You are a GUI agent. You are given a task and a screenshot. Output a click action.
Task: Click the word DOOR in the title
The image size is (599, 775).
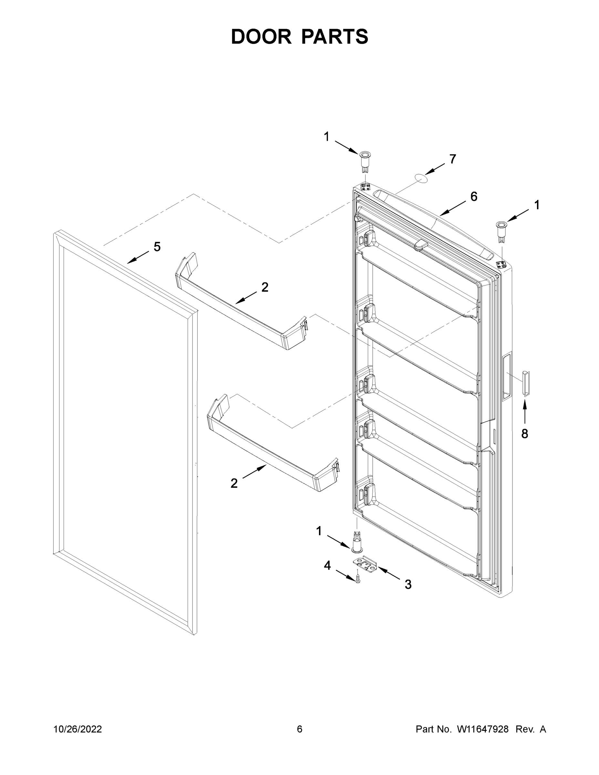pyautogui.click(x=261, y=36)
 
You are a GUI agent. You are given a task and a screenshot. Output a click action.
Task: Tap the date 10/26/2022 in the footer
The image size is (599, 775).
pyautogui.click(x=78, y=729)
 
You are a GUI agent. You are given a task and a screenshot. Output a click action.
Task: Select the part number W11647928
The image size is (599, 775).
pyautogui.click(x=483, y=729)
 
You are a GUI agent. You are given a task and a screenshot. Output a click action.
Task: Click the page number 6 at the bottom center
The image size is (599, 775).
pyautogui.click(x=300, y=729)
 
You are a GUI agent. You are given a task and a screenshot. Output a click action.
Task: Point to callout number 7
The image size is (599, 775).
pyautogui.click(x=452, y=159)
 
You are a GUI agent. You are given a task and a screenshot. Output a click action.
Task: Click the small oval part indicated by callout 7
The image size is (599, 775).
pyautogui.click(x=420, y=178)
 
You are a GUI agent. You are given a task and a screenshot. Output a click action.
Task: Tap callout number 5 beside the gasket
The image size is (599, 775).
pyautogui.click(x=157, y=246)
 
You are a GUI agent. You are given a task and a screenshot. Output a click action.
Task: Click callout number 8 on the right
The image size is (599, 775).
pyautogui.click(x=524, y=433)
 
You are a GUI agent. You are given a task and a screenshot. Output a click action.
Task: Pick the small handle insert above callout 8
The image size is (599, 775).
pyautogui.click(x=526, y=383)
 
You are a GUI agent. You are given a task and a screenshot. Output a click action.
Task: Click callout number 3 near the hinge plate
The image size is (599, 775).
pyautogui.click(x=408, y=584)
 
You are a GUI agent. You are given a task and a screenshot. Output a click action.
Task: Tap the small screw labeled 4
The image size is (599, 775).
pyautogui.click(x=358, y=579)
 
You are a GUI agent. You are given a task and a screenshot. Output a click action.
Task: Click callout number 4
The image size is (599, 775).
pyautogui.click(x=327, y=566)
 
